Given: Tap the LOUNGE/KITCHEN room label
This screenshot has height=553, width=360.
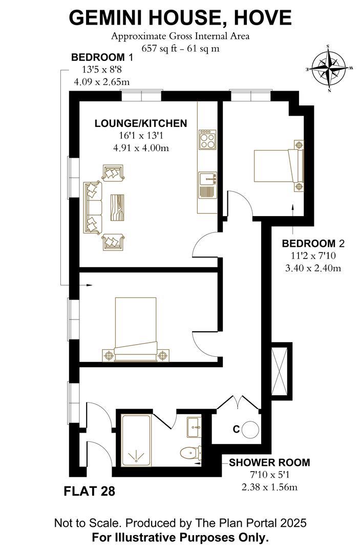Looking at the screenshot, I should [x=140, y=123].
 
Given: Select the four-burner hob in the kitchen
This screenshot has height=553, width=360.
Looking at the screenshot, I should [x=207, y=139].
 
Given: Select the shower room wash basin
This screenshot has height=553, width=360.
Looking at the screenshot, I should [x=194, y=427].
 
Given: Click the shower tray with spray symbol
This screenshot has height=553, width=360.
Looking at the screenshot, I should [x=136, y=441].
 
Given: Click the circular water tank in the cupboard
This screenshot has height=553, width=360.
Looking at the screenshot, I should [x=251, y=429].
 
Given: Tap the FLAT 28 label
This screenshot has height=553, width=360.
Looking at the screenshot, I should [x=89, y=492].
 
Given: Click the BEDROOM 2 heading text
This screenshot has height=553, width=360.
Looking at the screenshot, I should [x=311, y=243].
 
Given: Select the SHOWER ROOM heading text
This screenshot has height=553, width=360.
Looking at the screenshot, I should [x=269, y=463].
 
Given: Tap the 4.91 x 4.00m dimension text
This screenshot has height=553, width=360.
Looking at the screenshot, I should [x=141, y=148].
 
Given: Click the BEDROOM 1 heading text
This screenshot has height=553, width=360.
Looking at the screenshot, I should [x=98, y=57].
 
